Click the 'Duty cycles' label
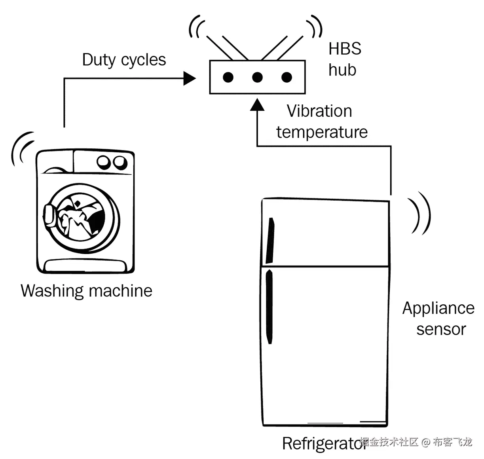[124, 60]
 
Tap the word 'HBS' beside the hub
[345, 49]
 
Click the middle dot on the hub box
[257, 77]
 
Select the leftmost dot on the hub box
[228, 77]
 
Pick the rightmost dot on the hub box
[287, 77]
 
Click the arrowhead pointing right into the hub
[189, 79]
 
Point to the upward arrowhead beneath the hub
[257, 105]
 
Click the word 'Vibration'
[319, 111]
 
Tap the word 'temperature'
[322, 132]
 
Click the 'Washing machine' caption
[86, 291]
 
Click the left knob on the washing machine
[104, 162]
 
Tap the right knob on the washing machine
[120, 163]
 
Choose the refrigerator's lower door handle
[270, 307]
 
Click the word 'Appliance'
[438, 309]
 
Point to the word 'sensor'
[441, 330]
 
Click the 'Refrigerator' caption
[324, 443]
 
